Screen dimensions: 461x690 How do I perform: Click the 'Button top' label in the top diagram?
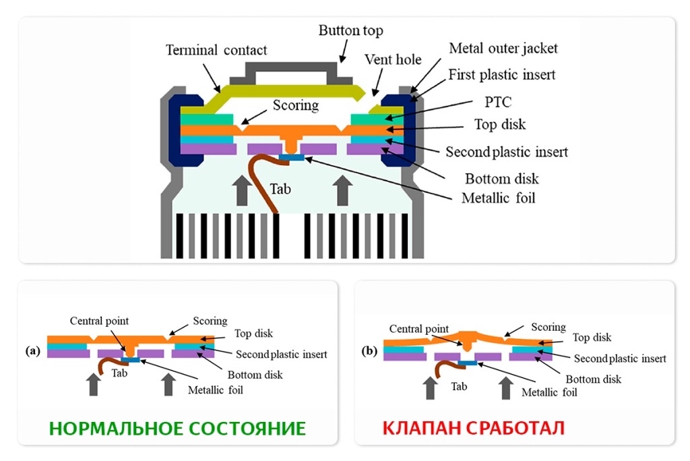350,31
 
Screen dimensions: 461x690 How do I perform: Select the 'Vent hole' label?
393,59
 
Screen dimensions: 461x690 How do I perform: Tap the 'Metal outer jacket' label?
503,49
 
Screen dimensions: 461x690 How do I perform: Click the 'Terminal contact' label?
216,51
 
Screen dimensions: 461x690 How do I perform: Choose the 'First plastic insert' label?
502,74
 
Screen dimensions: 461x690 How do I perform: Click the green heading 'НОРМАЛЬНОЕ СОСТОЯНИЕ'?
177,429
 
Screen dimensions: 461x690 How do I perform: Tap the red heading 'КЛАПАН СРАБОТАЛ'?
474,429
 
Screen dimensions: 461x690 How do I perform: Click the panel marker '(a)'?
33,351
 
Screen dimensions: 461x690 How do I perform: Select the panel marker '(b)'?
369,351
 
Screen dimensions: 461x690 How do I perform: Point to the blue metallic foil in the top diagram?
291,158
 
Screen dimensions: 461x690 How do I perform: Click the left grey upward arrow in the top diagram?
240,189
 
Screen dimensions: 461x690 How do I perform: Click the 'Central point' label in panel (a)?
99,321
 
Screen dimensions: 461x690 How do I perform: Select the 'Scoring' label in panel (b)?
548,327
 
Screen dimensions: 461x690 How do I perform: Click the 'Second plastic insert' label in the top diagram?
507,152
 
